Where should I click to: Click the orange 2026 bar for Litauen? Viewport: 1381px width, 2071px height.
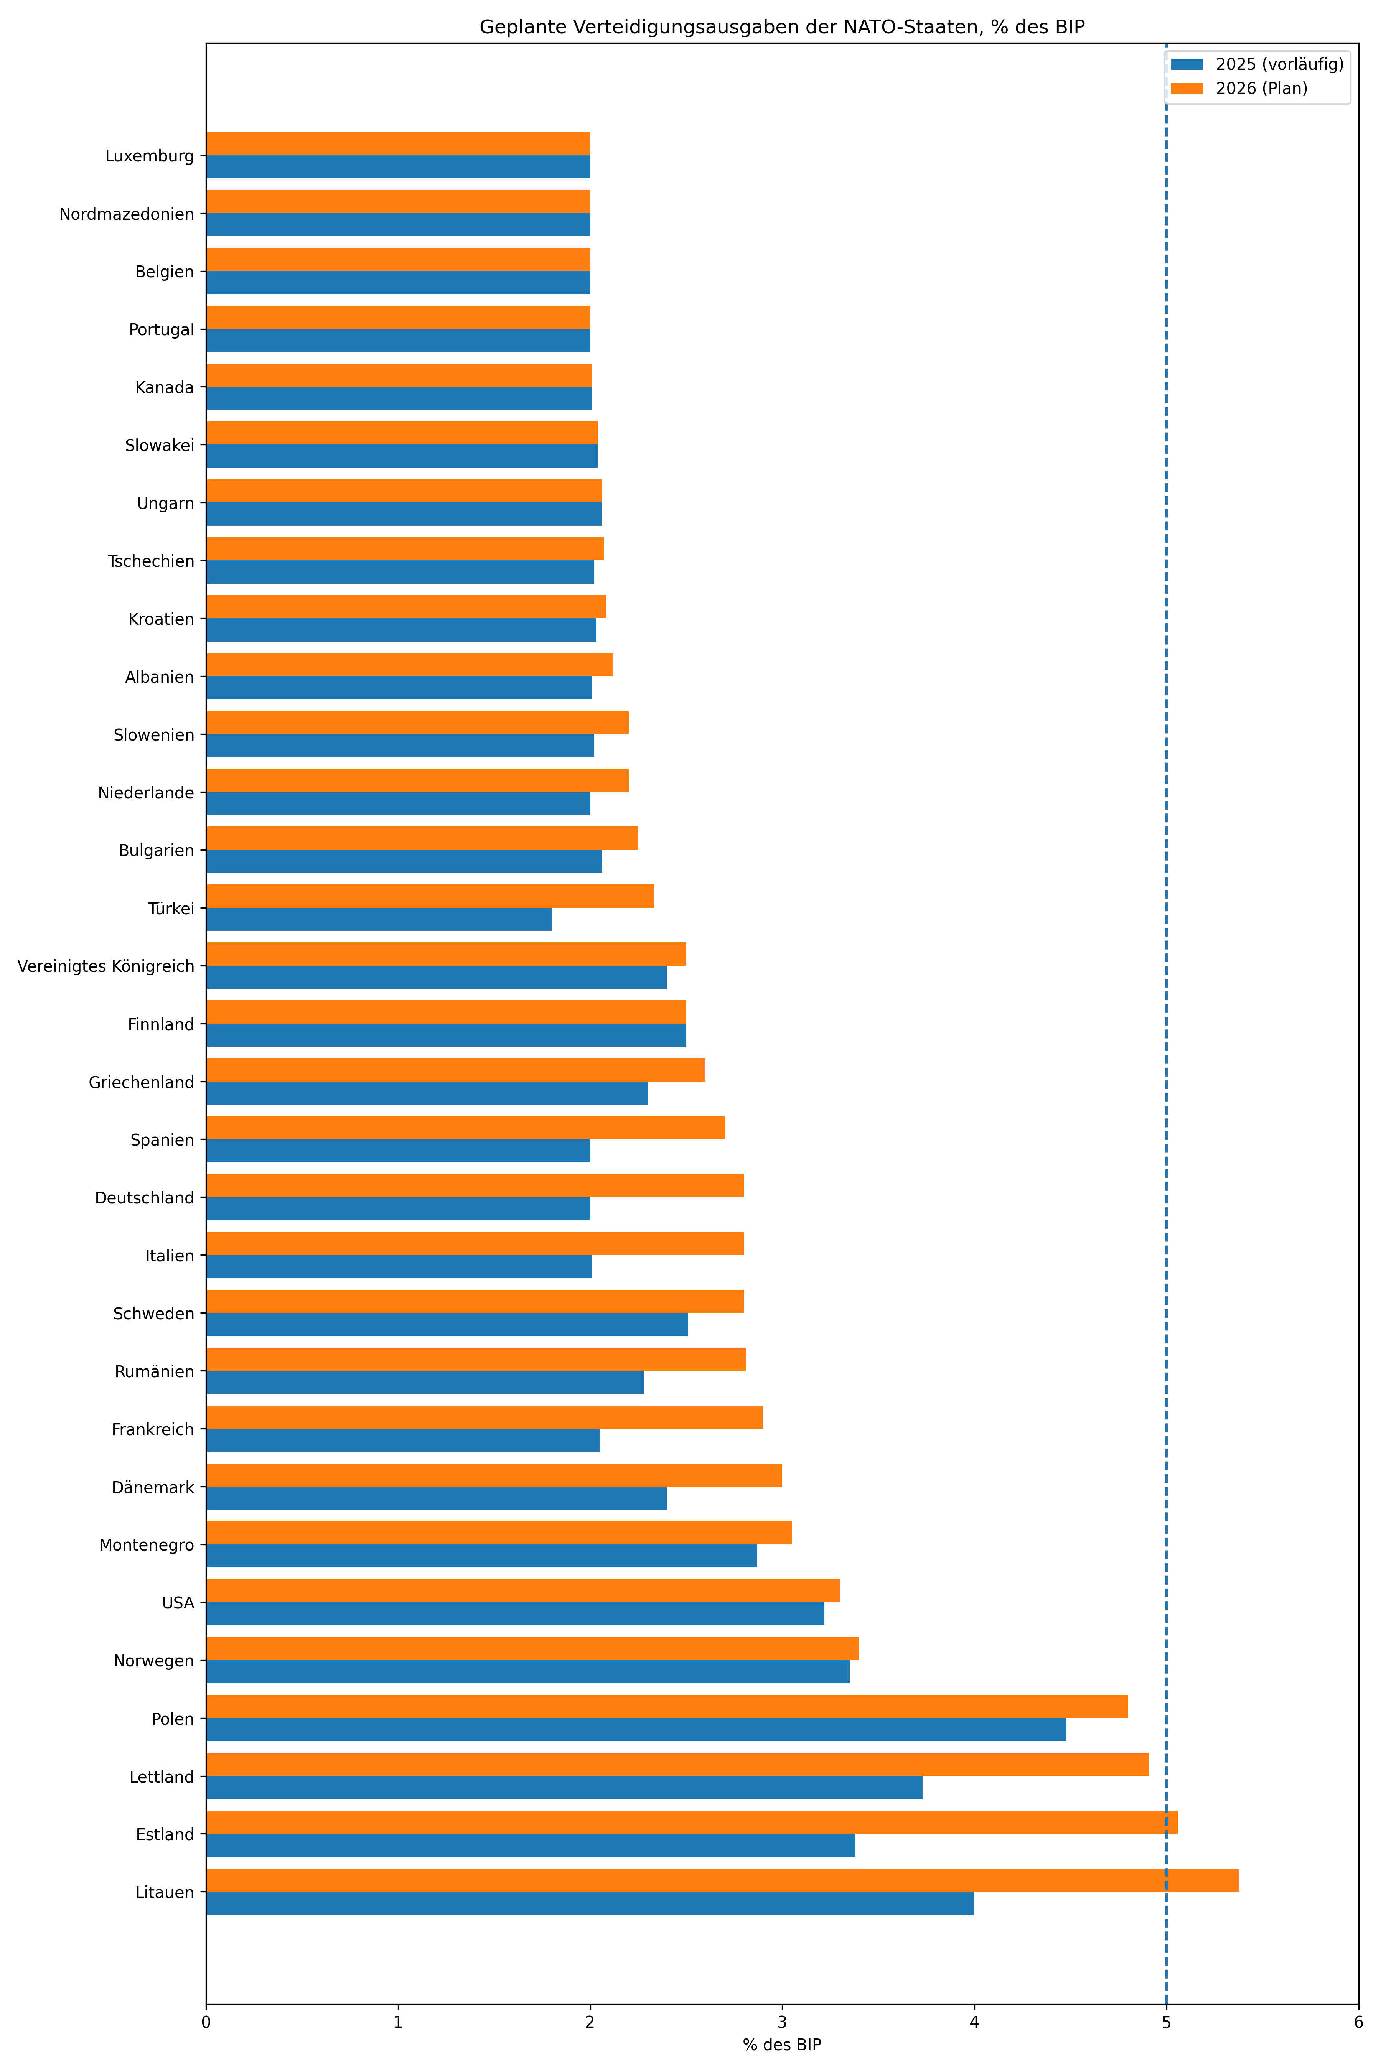pos(722,1880)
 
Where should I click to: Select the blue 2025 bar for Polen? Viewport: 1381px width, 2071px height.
pos(636,1729)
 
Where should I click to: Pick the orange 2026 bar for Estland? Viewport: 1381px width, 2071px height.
pos(691,1822)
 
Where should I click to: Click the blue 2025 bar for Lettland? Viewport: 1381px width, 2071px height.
pos(564,1788)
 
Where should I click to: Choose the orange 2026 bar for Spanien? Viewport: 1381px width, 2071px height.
pos(465,1127)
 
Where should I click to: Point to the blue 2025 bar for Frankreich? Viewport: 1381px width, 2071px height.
pos(402,1440)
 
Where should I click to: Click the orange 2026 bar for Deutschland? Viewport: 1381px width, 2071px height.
pos(475,1185)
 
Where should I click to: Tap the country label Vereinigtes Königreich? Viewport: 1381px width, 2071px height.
pos(106,966)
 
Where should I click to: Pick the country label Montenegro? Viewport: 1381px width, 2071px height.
pos(146,1544)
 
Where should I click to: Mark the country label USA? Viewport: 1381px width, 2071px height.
pos(178,1603)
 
